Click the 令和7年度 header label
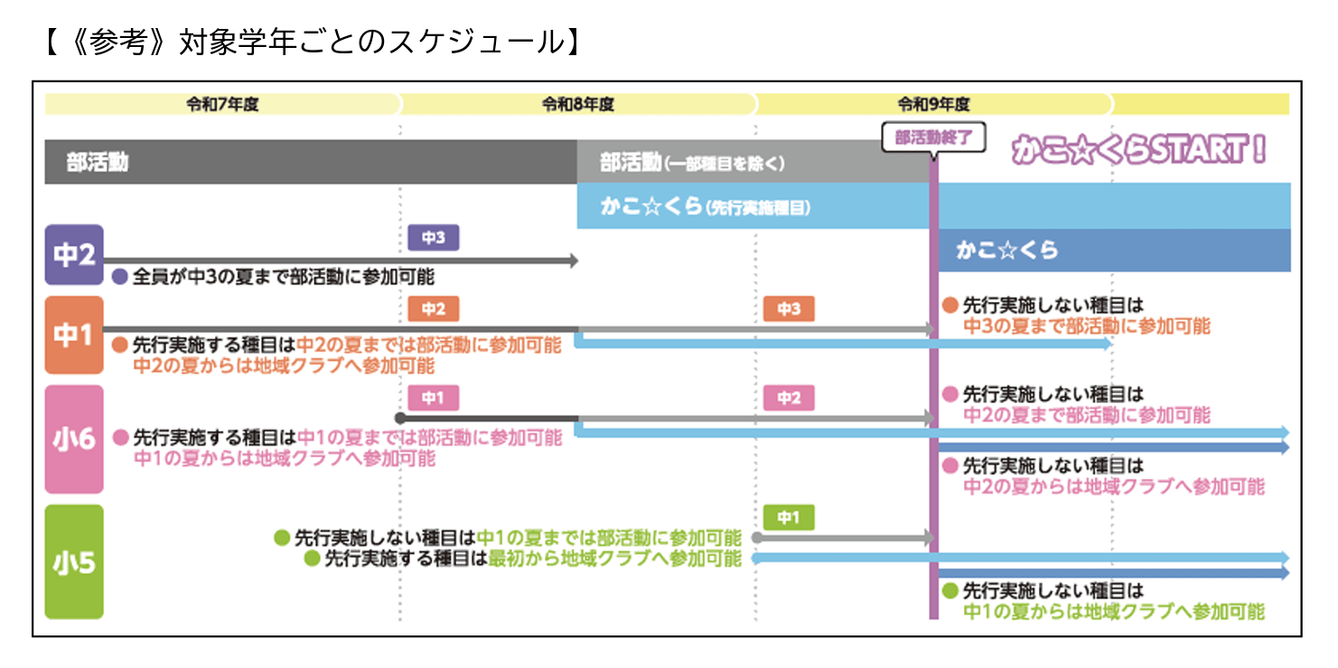(x=222, y=104)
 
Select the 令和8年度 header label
(x=578, y=104)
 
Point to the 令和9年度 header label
(x=933, y=104)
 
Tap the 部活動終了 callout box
(x=932, y=138)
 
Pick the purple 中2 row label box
(x=74, y=255)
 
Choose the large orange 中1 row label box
(x=74, y=335)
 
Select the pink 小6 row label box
(x=74, y=439)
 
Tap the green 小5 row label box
(x=74, y=561)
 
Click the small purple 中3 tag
(x=434, y=238)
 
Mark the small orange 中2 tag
(x=434, y=309)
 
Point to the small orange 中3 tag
(x=789, y=309)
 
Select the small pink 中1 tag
(x=434, y=398)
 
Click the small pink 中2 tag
(x=789, y=398)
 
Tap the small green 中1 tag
(x=789, y=517)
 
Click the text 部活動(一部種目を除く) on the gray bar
(x=692, y=164)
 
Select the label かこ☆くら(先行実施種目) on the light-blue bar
(x=705, y=207)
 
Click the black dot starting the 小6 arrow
(x=400, y=419)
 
